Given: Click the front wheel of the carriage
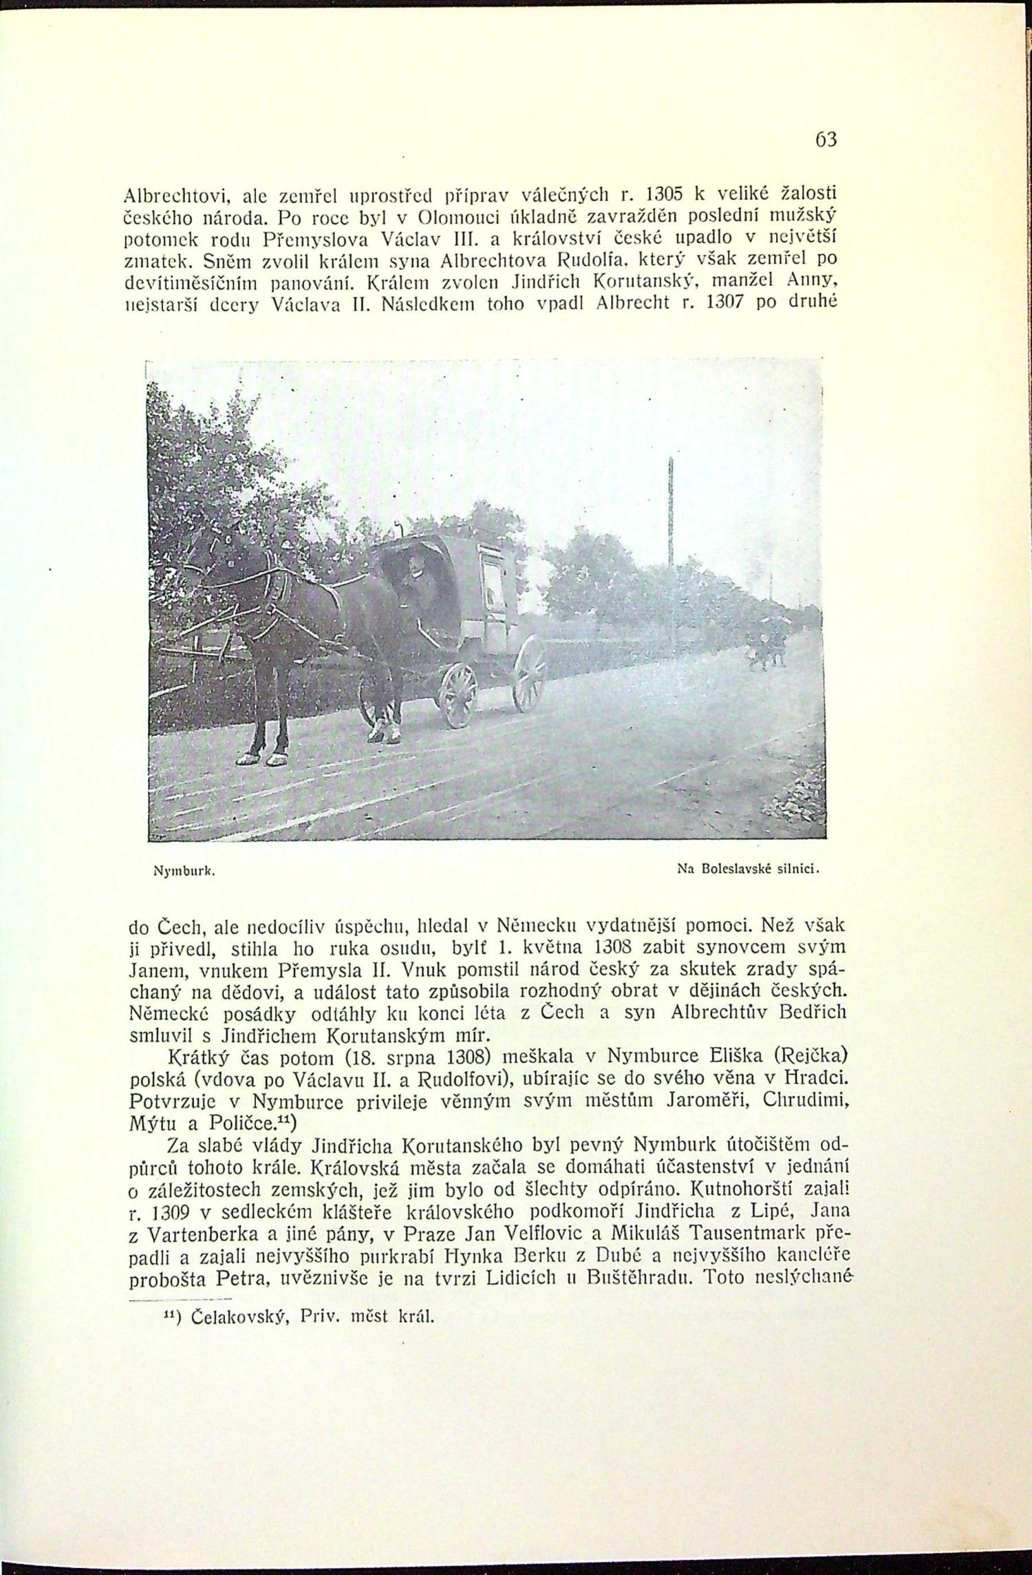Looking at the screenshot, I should click(459, 695).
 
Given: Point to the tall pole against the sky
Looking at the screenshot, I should click(669, 523).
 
